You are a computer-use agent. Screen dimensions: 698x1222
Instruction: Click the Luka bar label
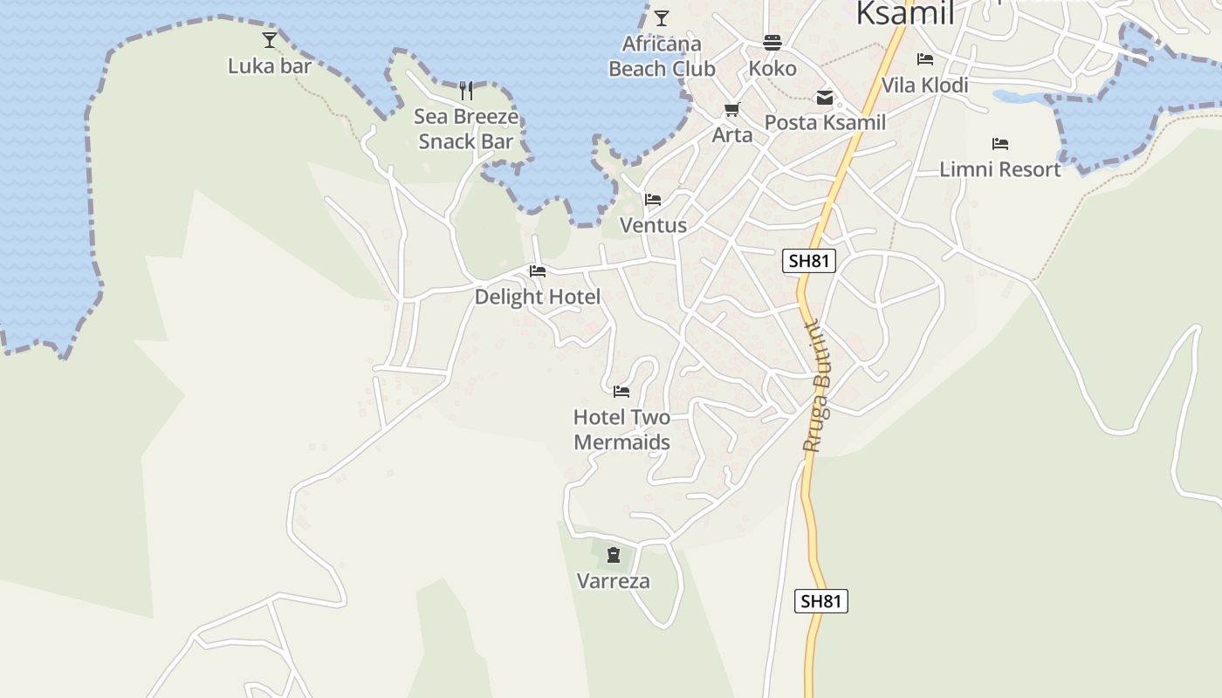270,66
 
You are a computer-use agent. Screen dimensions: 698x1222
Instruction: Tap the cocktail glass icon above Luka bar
270,39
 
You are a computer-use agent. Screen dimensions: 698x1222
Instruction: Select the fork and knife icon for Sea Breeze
466,90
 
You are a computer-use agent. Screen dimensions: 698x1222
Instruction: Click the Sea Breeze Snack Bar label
466,129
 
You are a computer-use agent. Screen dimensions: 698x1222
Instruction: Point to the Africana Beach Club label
662,56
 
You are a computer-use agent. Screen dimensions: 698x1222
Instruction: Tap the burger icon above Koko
772,42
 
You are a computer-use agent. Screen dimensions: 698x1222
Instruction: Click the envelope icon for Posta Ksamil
825,98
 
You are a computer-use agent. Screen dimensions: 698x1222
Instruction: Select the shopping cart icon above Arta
731,110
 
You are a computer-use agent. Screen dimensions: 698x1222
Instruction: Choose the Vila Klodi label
924,86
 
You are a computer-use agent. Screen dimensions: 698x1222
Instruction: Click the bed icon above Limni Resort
1000,143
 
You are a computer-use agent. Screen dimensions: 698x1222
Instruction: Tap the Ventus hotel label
653,225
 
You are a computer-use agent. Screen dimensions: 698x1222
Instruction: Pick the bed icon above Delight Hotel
538,271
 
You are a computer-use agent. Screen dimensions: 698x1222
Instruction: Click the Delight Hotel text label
538,298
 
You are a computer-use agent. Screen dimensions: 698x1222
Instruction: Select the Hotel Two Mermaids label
621,429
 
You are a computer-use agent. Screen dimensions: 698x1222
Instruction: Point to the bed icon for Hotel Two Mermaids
621,392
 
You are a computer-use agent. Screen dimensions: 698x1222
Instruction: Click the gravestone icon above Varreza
614,554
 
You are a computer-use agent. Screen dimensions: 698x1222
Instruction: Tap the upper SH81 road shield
808,261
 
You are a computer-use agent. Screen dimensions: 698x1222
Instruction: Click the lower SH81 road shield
820,601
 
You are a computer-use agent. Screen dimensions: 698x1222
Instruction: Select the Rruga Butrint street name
818,387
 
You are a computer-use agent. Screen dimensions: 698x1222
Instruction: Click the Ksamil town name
904,13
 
